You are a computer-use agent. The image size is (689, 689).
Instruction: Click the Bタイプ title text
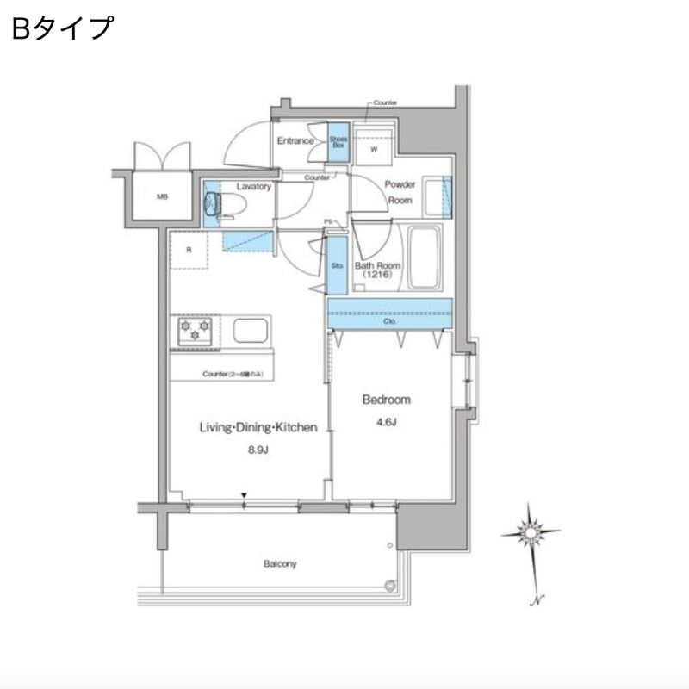click(x=62, y=28)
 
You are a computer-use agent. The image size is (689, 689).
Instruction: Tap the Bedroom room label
click(x=386, y=400)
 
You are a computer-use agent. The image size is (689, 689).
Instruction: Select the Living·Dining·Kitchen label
click(x=258, y=427)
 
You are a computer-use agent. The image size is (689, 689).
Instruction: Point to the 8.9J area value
click(x=258, y=449)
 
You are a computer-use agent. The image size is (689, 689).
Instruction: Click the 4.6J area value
click(x=386, y=422)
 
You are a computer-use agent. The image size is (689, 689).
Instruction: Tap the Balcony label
click(x=280, y=564)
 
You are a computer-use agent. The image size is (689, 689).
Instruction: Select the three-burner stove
click(x=196, y=331)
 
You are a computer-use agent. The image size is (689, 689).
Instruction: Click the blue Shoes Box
click(x=338, y=142)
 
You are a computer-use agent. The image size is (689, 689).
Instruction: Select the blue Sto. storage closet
click(x=337, y=265)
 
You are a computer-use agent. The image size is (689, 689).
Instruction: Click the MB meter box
click(x=162, y=197)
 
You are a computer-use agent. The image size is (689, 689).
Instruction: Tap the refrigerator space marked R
click(x=189, y=251)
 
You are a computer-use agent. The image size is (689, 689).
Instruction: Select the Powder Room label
click(x=400, y=192)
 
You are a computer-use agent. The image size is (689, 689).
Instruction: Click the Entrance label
click(x=295, y=141)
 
